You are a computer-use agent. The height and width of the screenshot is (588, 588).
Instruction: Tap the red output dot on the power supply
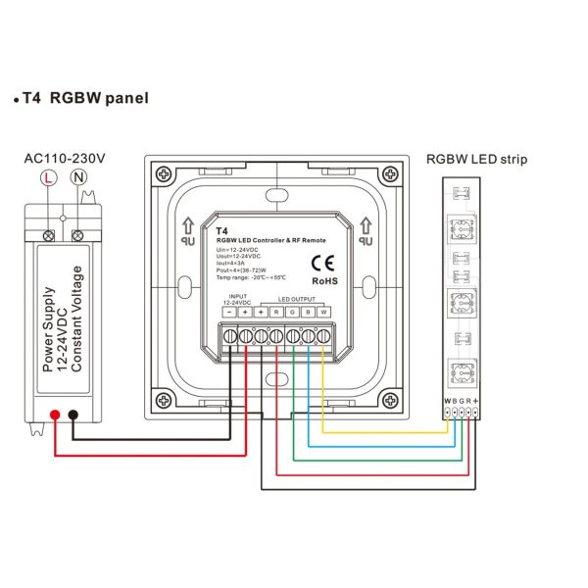point(56,416)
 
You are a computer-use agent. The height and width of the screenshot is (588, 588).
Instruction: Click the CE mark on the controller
point(322,262)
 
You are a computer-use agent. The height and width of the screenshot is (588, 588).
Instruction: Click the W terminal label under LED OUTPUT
point(322,311)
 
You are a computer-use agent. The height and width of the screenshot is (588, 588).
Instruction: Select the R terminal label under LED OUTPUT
point(277,311)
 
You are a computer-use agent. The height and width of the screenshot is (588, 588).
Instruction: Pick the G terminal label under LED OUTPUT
point(292,311)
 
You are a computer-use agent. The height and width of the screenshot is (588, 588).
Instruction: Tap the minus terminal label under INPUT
point(229,311)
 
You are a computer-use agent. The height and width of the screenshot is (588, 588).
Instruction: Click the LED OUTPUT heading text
point(299,299)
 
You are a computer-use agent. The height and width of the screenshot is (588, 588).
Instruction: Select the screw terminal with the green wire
point(292,335)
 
